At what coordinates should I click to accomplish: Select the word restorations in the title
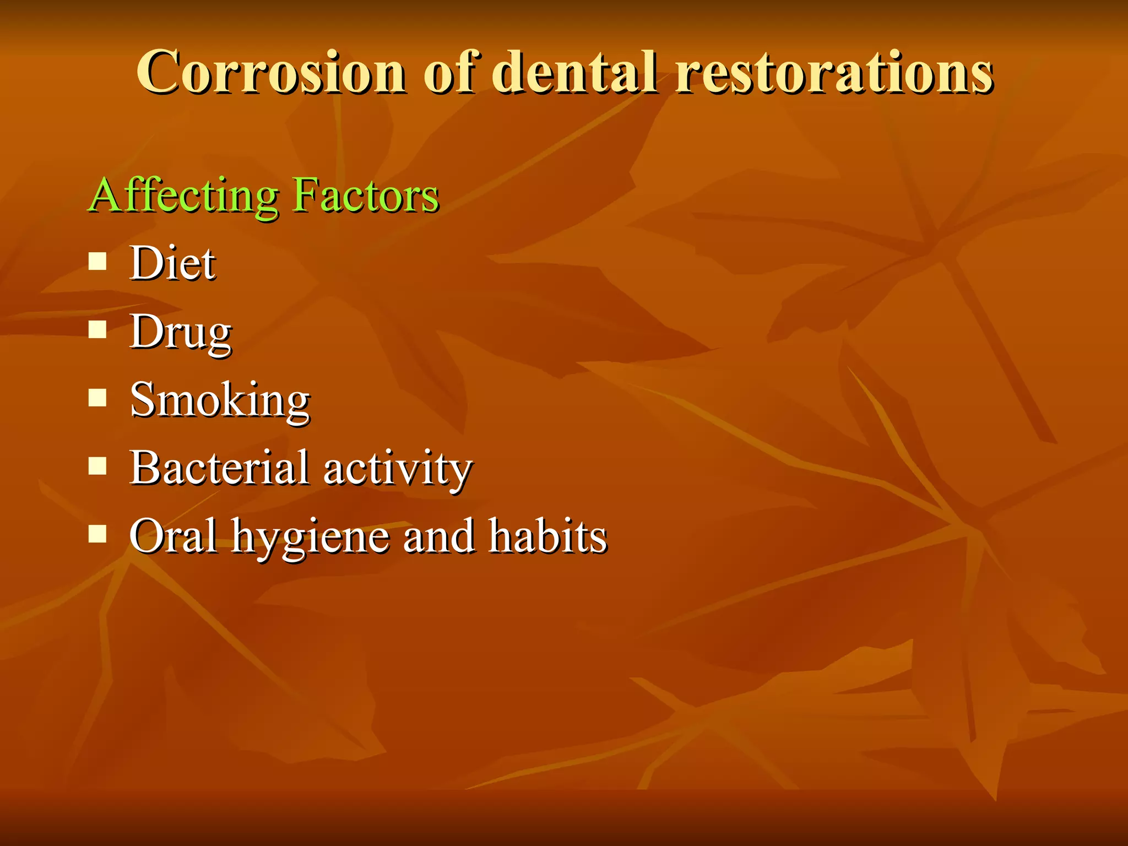[x=834, y=73]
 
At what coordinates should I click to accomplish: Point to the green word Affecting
[x=184, y=196]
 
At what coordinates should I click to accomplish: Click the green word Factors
[x=366, y=196]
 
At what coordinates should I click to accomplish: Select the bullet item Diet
[x=172, y=263]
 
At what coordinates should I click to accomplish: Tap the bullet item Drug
[x=180, y=333]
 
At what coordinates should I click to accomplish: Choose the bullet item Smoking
[x=220, y=400]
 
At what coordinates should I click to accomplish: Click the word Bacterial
[x=219, y=468]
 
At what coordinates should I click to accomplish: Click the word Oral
[x=173, y=536]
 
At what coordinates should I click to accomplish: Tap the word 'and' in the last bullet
[x=438, y=536]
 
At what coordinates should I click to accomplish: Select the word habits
[x=547, y=536]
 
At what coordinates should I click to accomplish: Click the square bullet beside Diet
[x=97, y=261]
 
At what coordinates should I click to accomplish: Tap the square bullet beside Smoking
[x=97, y=398]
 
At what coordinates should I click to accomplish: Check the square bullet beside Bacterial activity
[x=97, y=466]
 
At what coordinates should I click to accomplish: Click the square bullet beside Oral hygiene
[x=97, y=534]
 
